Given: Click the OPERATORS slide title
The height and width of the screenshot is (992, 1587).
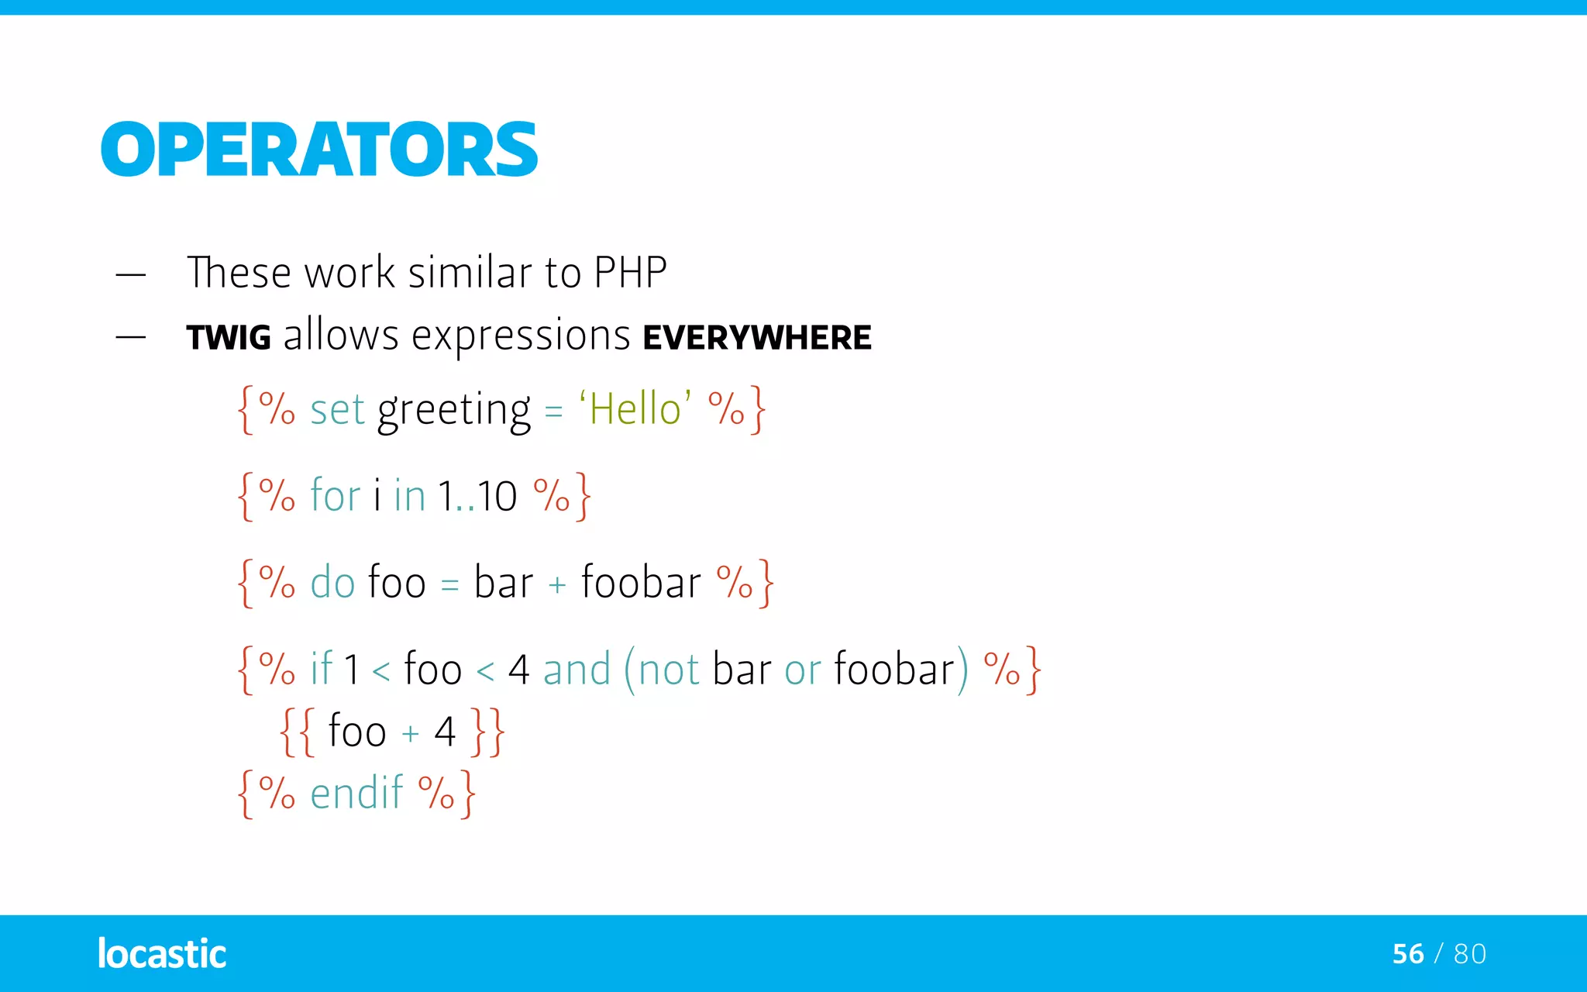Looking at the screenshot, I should click(x=318, y=150).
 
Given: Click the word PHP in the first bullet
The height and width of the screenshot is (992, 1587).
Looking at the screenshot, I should click(x=630, y=273).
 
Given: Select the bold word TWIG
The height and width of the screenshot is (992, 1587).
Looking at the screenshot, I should click(x=229, y=338).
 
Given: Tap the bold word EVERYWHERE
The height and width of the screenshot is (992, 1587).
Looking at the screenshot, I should click(x=757, y=338).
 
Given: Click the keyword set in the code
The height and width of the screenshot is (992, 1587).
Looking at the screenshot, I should click(x=337, y=410).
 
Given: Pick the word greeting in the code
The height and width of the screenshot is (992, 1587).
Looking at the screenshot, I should click(x=453, y=412).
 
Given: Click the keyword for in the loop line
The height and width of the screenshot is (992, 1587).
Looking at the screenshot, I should click(x=335, y=495).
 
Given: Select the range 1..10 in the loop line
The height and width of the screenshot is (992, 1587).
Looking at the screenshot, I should click(x=477, y=496).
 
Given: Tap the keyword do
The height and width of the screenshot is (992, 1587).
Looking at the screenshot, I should click(x=332, y=582).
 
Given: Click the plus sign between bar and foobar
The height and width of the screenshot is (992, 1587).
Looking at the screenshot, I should click(x=556, y=584).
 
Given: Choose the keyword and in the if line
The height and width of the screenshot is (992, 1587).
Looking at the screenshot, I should click(x=577, y=669).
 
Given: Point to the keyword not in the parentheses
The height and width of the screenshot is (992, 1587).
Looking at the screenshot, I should click(x=669, y=670).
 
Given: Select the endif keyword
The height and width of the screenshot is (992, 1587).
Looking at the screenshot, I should click(x=356, y=793).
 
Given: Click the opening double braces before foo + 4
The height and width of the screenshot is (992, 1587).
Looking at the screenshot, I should click(x=297, y=732).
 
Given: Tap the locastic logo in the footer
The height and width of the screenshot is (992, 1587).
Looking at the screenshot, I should click(x=162, y=953).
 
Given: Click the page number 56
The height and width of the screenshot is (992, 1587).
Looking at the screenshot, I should click(x=1408, y=954).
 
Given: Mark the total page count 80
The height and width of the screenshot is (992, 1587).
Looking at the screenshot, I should click(x=1470, y=954).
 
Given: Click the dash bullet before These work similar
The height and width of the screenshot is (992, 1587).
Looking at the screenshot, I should click(x=130, y=274).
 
